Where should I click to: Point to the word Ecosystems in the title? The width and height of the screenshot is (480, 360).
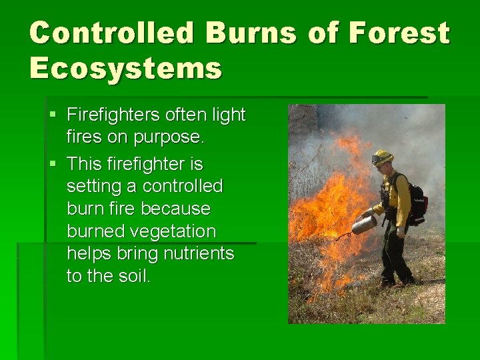point(125,67)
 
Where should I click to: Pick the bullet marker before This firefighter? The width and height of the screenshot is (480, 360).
point(54,165)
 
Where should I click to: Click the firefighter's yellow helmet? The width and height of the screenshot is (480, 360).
point(382,157)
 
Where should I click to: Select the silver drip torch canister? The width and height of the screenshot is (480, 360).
point(364,224)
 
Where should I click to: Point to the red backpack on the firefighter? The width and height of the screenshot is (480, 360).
point(417,199)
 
